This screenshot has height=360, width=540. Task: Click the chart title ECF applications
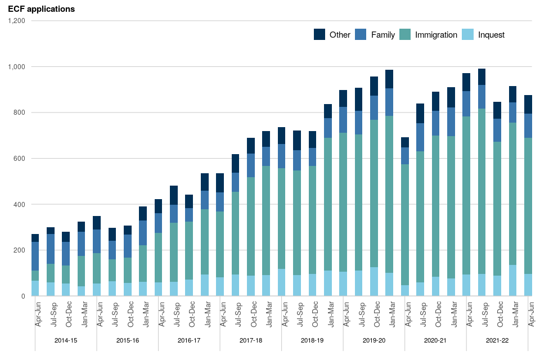pos(41,9)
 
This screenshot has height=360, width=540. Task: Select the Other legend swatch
pos(319,34)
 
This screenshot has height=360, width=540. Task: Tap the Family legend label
pos(382,35)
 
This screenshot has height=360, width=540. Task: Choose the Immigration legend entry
pos(436,35)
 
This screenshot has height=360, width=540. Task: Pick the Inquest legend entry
pos(491,35)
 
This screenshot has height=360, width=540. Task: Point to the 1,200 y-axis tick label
pos(16,21)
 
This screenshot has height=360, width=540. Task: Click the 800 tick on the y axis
pos(19,112)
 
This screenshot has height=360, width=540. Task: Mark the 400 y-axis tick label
pos(19,204)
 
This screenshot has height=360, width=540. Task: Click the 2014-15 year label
pos(66,341)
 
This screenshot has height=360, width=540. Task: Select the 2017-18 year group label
pos(251,341)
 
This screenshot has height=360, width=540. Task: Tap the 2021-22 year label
pos(497,341)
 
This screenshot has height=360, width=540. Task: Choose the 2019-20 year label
pos(374,341)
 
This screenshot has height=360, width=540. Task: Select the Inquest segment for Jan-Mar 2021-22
pos(512,280)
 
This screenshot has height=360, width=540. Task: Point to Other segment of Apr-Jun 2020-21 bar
pos(405,142)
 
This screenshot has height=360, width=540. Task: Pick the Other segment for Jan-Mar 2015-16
pos(143,213)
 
